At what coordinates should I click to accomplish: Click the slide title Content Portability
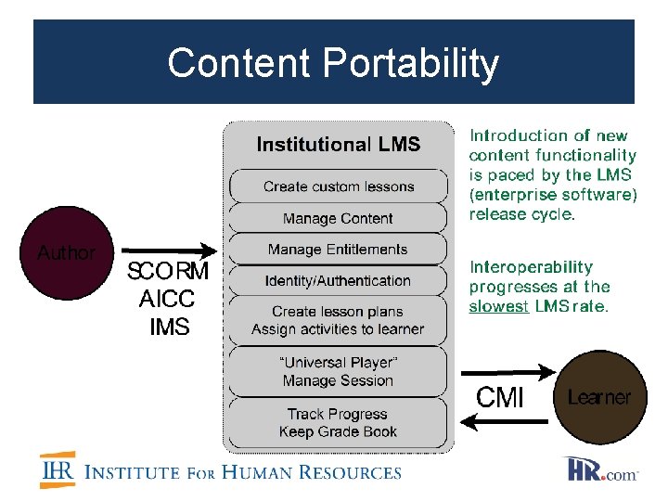coord(333,63)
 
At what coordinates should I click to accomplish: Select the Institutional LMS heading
coord(338,145)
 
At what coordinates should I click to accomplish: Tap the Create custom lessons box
coord(338,186)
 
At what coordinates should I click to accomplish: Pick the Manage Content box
coord(338,219)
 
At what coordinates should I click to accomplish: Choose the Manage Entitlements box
coord(338,250)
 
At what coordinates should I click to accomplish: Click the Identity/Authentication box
coord(338,280)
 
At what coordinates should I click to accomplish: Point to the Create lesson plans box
coord(338,320)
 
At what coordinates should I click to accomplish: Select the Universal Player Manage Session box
coord(338,372)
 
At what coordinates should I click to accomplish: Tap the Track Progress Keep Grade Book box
coord(338,423)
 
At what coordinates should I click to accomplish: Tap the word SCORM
coord(168,273)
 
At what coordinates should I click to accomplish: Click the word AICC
coord(168,300)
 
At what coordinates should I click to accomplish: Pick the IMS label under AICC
coord(168,327)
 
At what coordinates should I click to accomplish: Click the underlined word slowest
coord(499,306)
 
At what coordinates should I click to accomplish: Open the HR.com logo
coord(601,469)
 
